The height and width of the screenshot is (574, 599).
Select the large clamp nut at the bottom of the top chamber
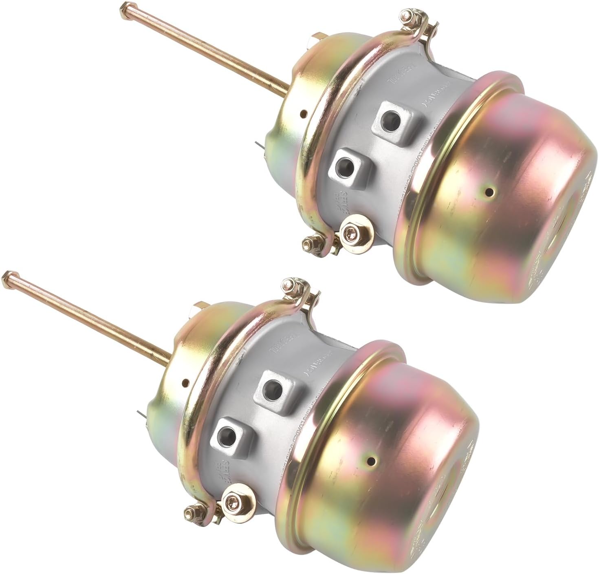pyautogui.click(x=350, y=232)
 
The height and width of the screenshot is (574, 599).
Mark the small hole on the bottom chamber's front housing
pyautogui.click(x=186, y=382)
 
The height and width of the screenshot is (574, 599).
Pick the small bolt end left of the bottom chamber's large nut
pyautogui.click(x=190, y=509)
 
